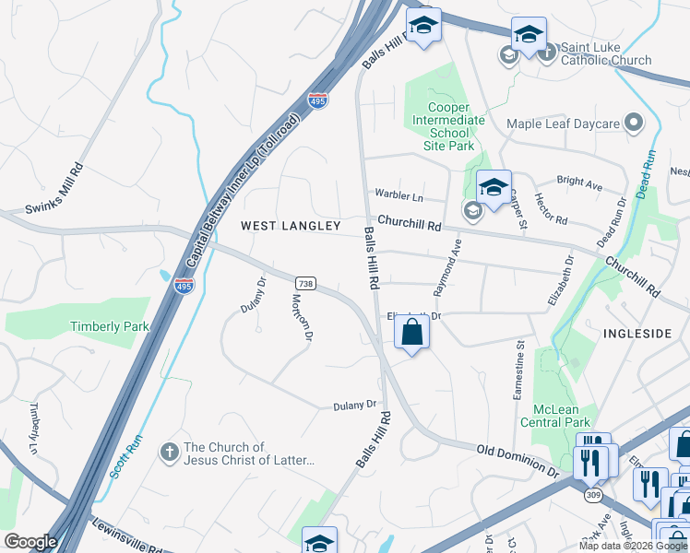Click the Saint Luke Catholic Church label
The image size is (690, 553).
tap(606, 53)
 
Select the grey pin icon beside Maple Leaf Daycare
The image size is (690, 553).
tap(634, 122)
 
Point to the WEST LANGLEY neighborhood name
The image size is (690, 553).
tap(291, 226)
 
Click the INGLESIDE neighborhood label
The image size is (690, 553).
tap(638, 333)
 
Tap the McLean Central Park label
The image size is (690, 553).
tap(561, 416)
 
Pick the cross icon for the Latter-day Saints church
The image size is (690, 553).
tap(168, 451)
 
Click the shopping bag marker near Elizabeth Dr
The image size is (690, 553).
tap(411, 333)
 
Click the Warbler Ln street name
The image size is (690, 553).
tap(399, 195)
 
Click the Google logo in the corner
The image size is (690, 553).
tap(30, 542)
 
